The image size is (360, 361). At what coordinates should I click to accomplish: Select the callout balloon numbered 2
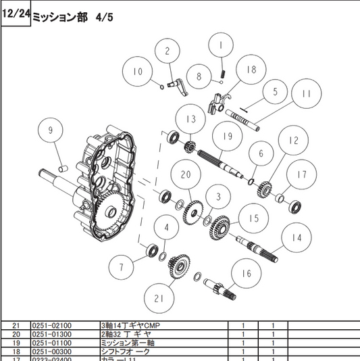[167, 51]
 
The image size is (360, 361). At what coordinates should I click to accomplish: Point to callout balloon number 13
[191, 119]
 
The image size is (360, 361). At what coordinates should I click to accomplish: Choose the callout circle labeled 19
[226, 137]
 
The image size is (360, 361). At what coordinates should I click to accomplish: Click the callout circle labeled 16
[246, 273]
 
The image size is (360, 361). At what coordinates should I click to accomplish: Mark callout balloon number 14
[296, 238]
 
